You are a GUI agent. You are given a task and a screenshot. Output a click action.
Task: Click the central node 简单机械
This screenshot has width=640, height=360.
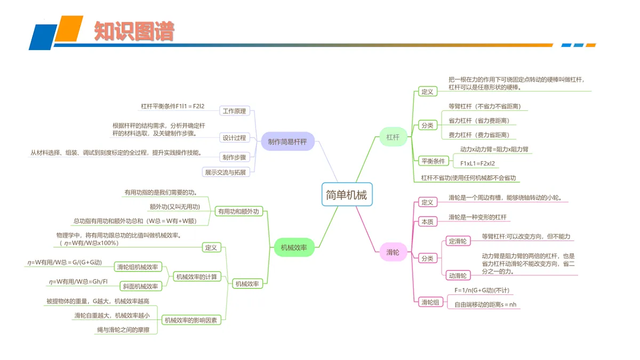coord(347,194)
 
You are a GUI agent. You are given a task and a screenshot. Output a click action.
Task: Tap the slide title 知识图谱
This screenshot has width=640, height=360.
coord(134,31)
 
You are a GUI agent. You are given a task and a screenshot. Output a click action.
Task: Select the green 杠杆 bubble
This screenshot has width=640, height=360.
coord(393,137)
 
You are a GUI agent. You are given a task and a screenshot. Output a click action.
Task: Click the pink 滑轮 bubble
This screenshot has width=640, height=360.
coord(393,252)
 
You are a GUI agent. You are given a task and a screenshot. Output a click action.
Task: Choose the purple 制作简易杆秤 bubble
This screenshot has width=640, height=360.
coord(287,141)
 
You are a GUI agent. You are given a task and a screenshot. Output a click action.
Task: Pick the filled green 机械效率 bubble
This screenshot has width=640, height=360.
coord(294,247)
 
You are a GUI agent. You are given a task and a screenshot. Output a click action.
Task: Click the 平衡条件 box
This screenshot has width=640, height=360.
coord(433,161)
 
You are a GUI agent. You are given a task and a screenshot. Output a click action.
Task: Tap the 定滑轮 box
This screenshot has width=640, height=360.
coord(458,241)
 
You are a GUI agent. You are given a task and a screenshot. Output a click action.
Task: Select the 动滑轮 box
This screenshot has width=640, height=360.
coord(458,275)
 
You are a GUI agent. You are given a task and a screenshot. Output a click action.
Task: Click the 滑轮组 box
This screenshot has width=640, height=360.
coord(430,302)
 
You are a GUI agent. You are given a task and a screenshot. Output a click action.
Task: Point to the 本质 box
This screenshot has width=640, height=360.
coord(427,222)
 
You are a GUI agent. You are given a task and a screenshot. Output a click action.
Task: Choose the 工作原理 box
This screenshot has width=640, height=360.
coord(234,111)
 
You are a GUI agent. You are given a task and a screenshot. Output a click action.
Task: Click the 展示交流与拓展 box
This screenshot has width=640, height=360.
coord(226,172)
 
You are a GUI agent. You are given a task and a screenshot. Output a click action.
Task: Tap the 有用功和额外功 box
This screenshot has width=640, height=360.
coord(238,211)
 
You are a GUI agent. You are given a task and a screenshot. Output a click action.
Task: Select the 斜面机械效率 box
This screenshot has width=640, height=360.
coord(141,286)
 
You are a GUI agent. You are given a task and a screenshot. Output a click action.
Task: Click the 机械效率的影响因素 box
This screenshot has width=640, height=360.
coord(191,320)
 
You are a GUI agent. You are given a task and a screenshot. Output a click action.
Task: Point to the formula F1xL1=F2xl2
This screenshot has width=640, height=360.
coord(477,163)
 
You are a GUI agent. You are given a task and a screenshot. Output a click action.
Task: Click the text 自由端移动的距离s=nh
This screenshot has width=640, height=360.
coord(485,305)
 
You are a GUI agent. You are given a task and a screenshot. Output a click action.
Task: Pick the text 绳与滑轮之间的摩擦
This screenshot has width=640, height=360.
coord(123,330)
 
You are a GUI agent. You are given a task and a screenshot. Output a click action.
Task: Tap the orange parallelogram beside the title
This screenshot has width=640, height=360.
coord(69,29)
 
